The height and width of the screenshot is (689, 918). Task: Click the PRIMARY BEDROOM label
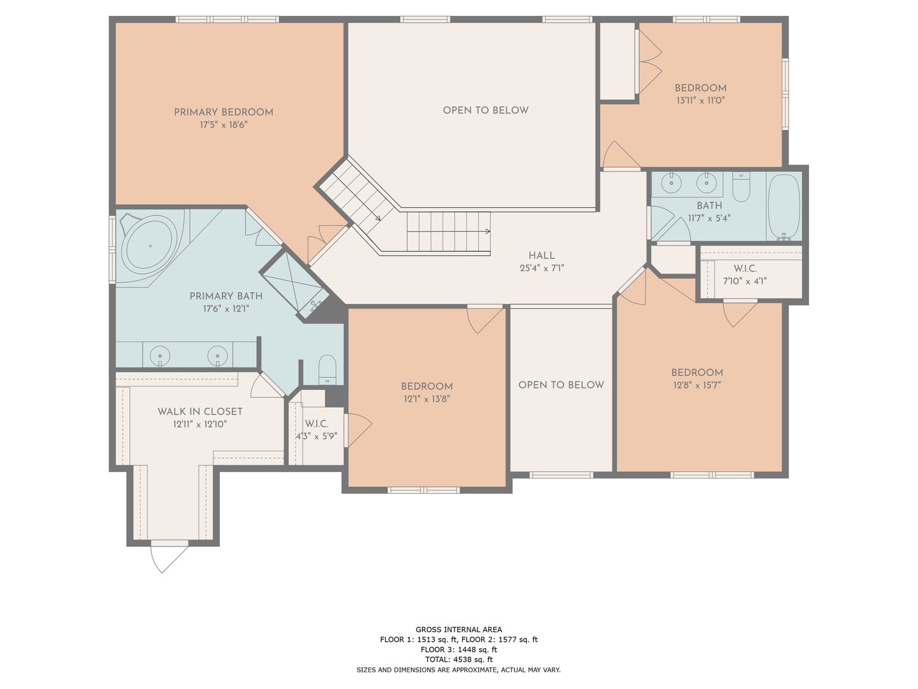[x=223, y=112]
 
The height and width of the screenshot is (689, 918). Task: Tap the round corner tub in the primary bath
[x=150, y=246]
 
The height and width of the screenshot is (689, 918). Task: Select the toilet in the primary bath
[x=327, y=369]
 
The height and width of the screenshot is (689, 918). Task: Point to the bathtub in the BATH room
[x=783, y=205]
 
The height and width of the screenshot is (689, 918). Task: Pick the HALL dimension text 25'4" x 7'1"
[x=541, y=269]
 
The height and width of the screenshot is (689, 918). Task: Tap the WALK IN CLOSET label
[x=200, y=411]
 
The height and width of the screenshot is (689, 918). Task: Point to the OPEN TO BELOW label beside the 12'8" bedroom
[x=561, y=385]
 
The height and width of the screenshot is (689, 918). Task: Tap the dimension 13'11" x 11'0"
[x=700, y=100]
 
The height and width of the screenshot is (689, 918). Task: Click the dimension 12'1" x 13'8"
[x=426, y=399]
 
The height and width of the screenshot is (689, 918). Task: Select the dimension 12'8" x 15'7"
[x=696, y=385]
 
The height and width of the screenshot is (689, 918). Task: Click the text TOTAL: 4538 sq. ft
[x=458, y=660]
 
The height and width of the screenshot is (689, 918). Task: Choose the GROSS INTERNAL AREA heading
[x=458, y=630]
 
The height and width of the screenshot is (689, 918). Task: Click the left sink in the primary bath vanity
[x=159, y=354]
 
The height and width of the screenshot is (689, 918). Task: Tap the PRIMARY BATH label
[x=226, y=296]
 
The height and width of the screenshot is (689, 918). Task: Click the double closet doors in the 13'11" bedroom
[x=649, y=61]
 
